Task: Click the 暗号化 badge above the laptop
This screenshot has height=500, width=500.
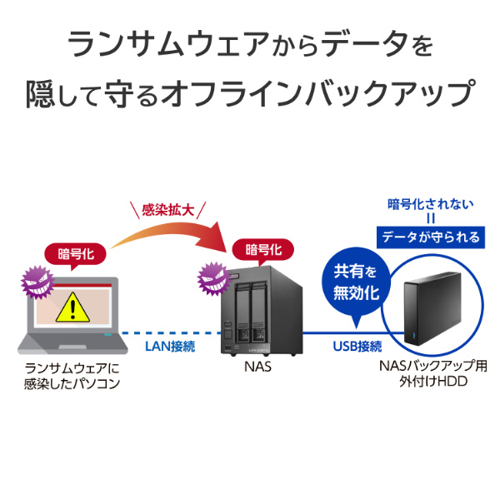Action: (76, 253)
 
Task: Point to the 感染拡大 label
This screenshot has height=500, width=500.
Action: (169, 210)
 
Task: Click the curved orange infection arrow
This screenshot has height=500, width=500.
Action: (167, 237)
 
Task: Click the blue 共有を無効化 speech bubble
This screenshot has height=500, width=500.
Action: (356, 282)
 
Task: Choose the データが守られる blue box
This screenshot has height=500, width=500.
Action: (431, 237)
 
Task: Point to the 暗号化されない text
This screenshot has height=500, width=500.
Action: (431, 203)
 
